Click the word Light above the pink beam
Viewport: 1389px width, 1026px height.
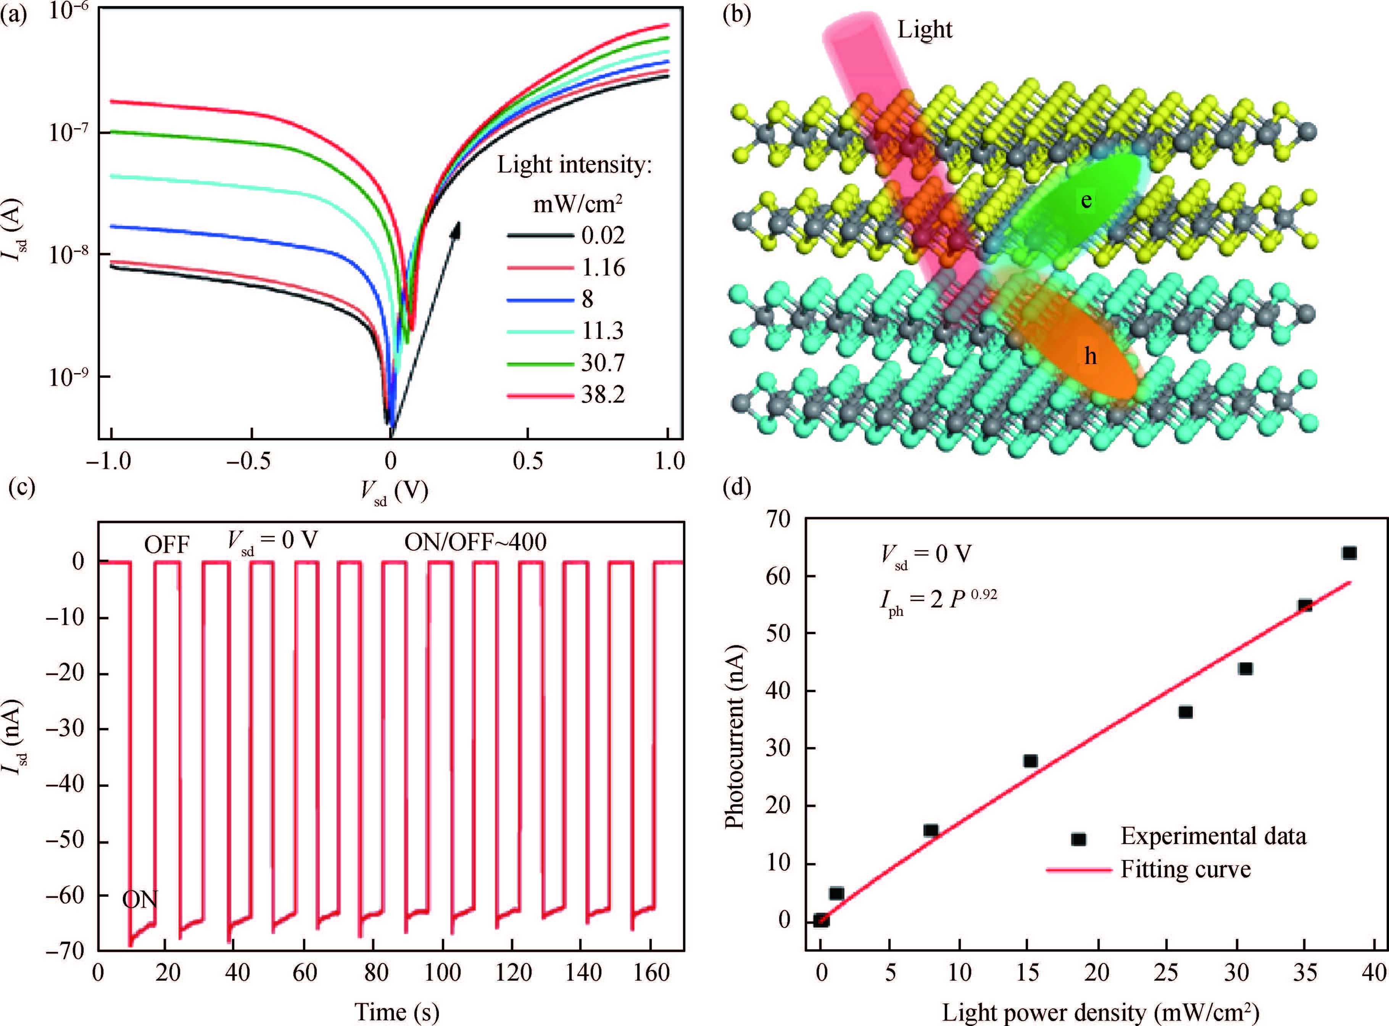[924, 29]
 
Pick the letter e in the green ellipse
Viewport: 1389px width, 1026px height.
[1086, 200]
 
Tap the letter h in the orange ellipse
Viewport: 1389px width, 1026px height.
[1090, 356]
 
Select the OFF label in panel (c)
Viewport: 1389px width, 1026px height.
[166, 545]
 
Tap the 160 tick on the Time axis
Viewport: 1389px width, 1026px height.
[651, 973]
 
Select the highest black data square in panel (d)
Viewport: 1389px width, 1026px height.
[1349, 553]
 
